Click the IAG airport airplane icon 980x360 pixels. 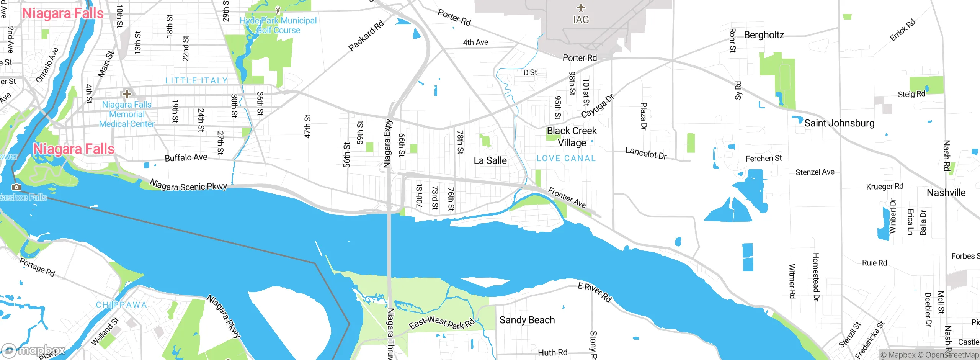pyautogui.click(x=581, y=8)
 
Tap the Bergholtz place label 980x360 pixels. pyautogui.click(x=764, y=35)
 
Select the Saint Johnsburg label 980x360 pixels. pyautogui.click(x=839, y=123)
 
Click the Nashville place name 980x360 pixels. pyautogui.click(x=946, y=193)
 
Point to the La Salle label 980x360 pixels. pyautogui.click(x=490, y=160)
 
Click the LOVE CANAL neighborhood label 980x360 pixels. pyautogui.click(x=566, y=158)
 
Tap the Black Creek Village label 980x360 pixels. pyautogui.click(x=572, y=136)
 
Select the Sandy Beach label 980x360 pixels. pyautogui.click(x=527, y=320)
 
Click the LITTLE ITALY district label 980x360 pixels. pyautogui.click(x=196, y=80)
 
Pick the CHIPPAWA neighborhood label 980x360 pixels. pyautogui.click(x=121, y=305)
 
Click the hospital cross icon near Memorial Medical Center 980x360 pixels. pyautogui.click(x=126, y=93)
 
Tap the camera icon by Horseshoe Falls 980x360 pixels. pyautogui.click(x=16, y=187)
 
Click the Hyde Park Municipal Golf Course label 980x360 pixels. pyautogui.click(x=278, y=25)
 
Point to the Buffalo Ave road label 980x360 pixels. pyautogui.click(x=186, y=157)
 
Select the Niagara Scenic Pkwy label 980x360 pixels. pyautogui.click(x=188, y=185)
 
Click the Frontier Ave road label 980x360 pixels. pyautogui.click(x=567, y=197)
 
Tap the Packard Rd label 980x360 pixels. pyautogui.click(x=366, y=36)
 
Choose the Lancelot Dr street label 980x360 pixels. pyautogui.click(x=646, y=153)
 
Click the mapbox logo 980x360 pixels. pyautogui.click(x=33, y=350)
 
